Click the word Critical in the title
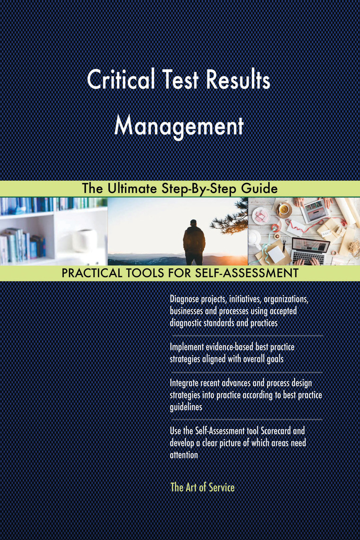pos(121,80)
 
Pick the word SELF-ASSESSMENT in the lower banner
pos(246,273)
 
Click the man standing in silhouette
pos(194,242)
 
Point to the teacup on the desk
pos(284,208)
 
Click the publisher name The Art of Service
pos(202,487)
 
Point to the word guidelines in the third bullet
pos(186,407)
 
